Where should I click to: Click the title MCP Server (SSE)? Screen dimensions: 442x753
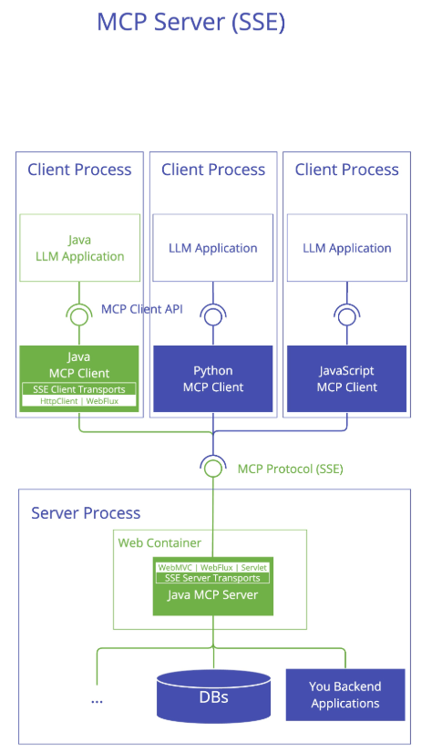pyautogui.click(x=191, y=23)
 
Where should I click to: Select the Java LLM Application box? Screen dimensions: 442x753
pyautogui.click(x=79, y=248)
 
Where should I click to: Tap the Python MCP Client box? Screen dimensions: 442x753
pyautogui.click(x=213, y=379)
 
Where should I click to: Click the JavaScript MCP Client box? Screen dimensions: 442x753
pyautogui.click(x=347, y=379)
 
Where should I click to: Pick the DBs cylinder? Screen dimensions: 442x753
pyautogui.click(x=213, y=696)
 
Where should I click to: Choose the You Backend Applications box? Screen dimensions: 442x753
pyautogui.click(x=345, y=695)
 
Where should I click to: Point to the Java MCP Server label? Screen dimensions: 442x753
pyautogui.click(x=212, y=595)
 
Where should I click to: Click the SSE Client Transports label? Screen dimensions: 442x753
pyautogui.click(x=79, y=389)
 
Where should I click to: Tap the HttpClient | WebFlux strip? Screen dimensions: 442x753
pyautogui.click(x=79, y=401)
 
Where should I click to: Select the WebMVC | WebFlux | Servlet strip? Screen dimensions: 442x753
pyautogui.click(x=212, y=568)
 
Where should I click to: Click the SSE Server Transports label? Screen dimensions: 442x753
pyautogui.click(x=212, y=578)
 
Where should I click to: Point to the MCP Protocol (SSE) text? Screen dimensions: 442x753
pyautogui.click(x=291, y=469)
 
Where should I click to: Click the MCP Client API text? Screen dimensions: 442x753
pyautogui.click(x=142, y=309)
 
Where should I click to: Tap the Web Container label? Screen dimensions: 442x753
pyautogui.click(x=159, y=542)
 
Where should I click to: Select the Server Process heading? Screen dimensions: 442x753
pyautogui.click(x=86, y=513)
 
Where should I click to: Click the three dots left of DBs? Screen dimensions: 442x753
pyautogui.click(x=97, y=702)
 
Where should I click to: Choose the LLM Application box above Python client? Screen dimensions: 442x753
pyautogui.click(x=213, y=248)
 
